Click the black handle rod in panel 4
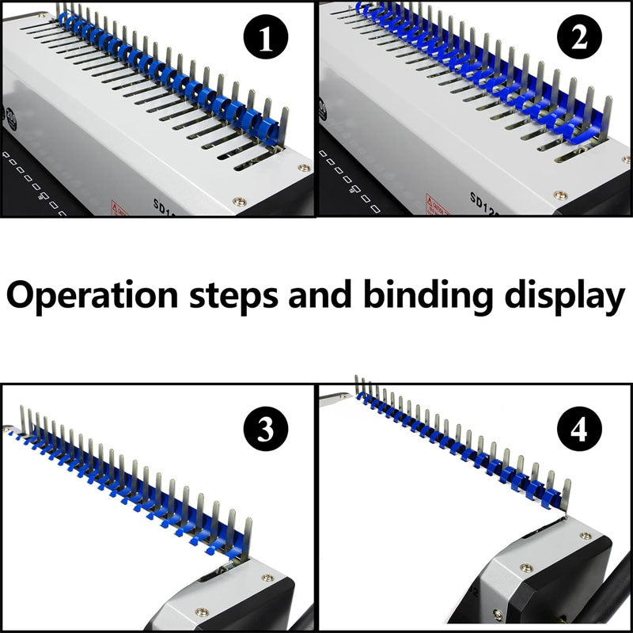(612, 601)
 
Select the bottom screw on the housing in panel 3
(202, 612)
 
